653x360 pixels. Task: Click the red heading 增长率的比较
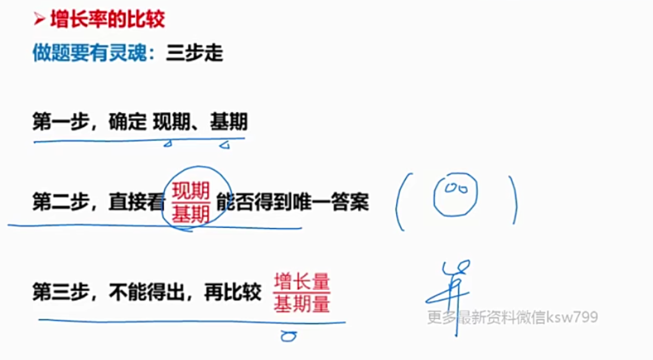[108, 20]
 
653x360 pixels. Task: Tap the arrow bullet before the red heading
[39, 20]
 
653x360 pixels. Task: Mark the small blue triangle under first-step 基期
[225, 144]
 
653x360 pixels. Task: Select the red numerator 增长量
[302, 280]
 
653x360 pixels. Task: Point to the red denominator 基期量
[302, 304]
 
